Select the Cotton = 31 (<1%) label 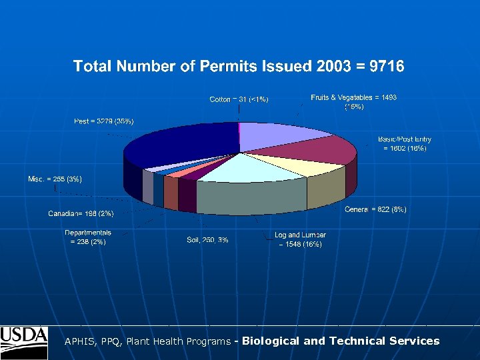pos(239,99)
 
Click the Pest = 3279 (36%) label pos(103,121)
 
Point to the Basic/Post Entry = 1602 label pos(404,143)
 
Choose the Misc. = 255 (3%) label pos(55,179)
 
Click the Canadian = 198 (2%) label pos(81,213)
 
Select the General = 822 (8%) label pos(375,209)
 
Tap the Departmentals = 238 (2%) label pos(88,237)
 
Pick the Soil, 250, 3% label pos(207,240)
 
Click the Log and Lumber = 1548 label pos(300,239)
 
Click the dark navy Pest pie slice pos(173,147)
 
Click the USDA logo pos(24,342)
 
